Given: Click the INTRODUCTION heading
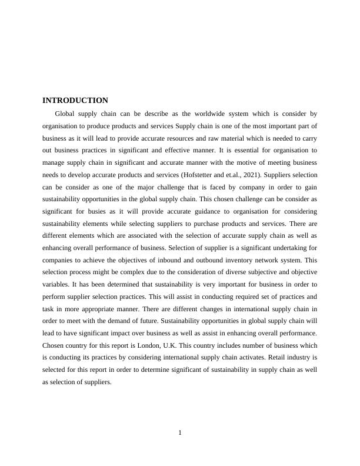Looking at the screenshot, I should [75, 101].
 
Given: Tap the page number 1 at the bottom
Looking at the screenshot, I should [180, 433].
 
